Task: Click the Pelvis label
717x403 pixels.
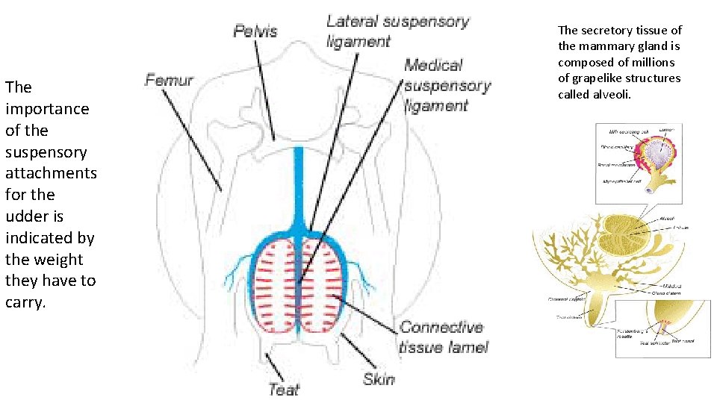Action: [255, 31]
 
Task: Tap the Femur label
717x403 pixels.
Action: [169, 80]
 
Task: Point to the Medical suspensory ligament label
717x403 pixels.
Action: [447, 85]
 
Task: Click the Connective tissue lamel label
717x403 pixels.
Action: [443, 337]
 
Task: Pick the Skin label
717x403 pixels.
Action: [379, 379]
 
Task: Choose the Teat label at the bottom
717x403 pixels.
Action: [284, 388]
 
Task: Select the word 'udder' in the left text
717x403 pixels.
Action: [25, 216]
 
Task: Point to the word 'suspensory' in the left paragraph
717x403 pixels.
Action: [46, 152]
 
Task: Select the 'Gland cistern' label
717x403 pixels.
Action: [670, 293]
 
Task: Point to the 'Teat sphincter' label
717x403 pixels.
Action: [654, 343]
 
